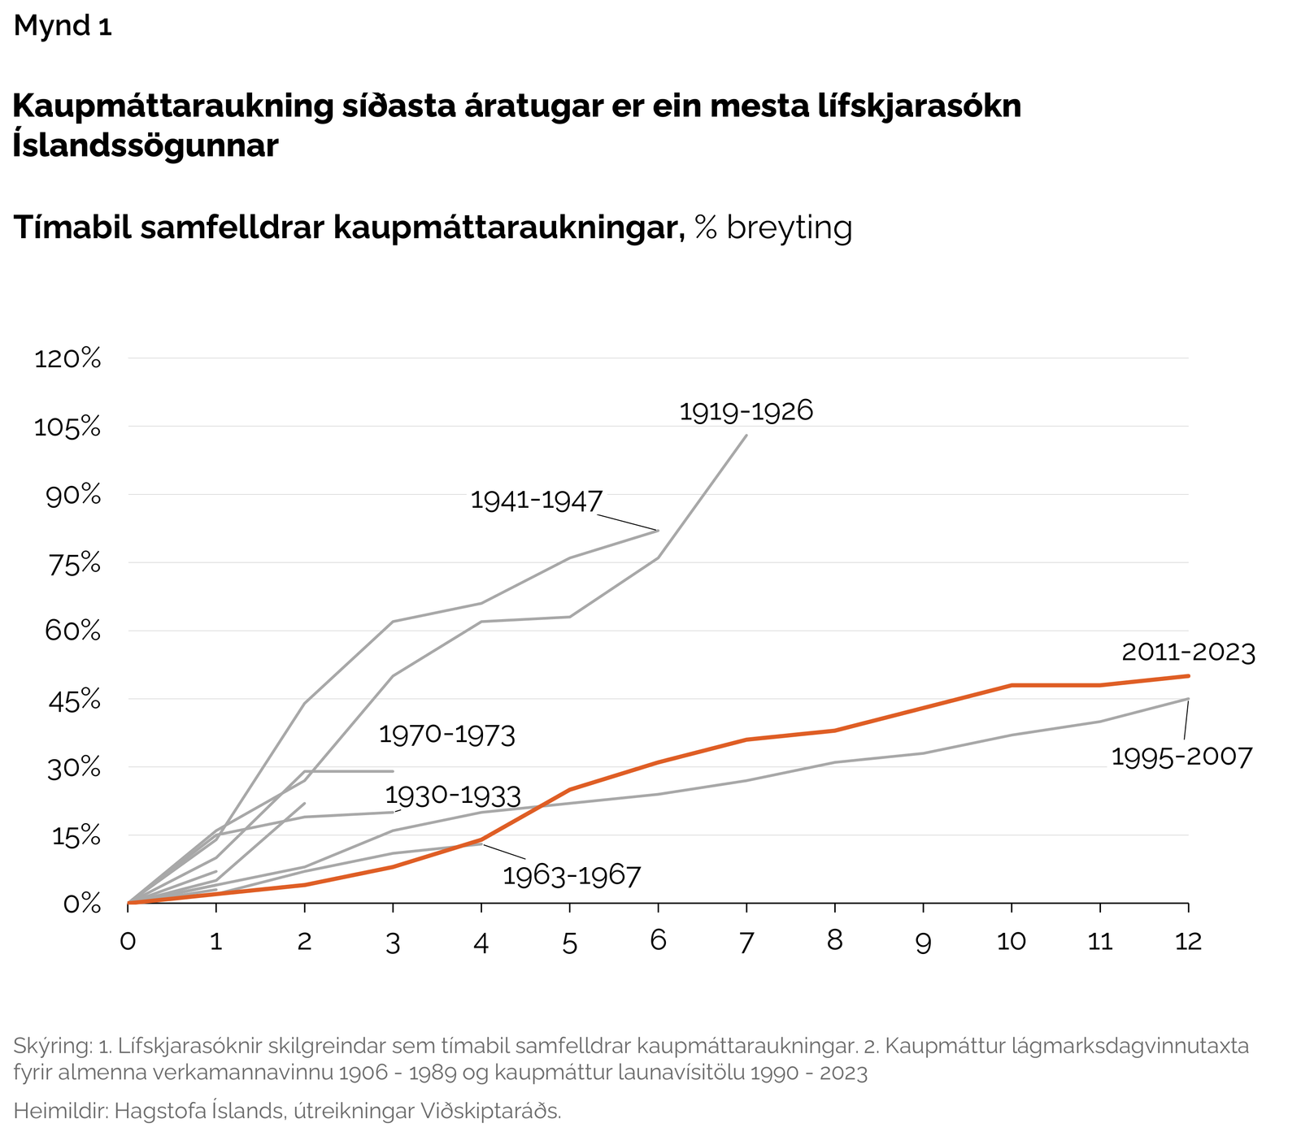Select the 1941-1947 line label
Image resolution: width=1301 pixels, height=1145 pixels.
[x=537, y=501]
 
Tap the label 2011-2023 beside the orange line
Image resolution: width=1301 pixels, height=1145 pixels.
[x=1188, y=653]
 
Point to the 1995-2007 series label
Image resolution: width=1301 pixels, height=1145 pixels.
[x=1181, y=757]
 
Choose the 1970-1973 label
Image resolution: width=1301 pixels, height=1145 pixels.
[x=447, y=735]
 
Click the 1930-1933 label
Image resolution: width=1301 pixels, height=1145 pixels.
[x=453, y=795]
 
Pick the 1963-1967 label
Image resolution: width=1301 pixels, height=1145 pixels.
[x=572, y=876]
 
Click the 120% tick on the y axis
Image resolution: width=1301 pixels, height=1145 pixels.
[x=67, y=358]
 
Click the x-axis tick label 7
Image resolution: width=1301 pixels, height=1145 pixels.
[x=746, y=943]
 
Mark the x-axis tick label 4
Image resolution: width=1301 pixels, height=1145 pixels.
[x=481, y=943]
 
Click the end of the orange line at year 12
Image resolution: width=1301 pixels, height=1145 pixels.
[x=1188, y=676]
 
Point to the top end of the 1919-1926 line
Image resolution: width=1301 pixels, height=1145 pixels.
[x=746, y=436]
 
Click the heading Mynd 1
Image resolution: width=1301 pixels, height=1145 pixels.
[x=63, y=27]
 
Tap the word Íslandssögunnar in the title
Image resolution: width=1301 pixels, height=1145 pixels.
[x=146, y=145]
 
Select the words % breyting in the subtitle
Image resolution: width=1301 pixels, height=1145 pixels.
[x=773, y=228]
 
